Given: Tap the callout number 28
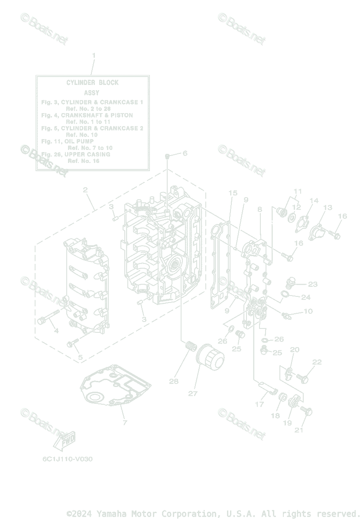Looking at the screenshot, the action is pyautogui.click(x=174, y=381).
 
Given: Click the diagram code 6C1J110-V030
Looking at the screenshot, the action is pyautogui.click(x=67, y=459).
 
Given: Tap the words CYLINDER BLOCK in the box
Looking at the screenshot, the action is pyautogui.click(x=92, y=82).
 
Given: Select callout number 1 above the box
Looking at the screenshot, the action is pyautogui.click(x=94, y=55).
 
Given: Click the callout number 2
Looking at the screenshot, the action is pyautogui.click(x=85, y=190).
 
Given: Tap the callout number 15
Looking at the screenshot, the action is pyautogui.click(x=233, y=193).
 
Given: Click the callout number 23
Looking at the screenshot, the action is pyautogui.click(x=313, y=284).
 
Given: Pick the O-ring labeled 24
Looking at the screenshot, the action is pyautogui.click(x=284, y=295).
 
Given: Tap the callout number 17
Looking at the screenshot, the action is pyautogui.click(x=259, y=404).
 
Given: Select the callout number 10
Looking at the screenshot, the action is pyautogui.click(x=308, y=311).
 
